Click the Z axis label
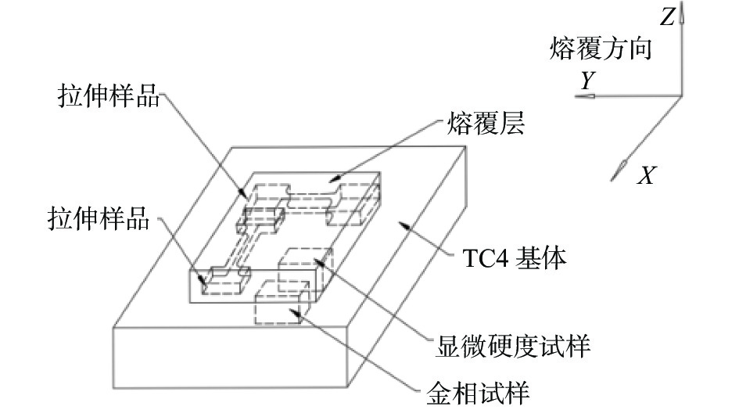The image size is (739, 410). coord(666,17)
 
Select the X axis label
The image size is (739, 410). coord(645,177)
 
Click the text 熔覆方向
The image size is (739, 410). coord(599,51)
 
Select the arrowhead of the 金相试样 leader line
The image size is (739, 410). coord(294,312)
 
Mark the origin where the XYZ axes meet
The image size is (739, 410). coord(682,96)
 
